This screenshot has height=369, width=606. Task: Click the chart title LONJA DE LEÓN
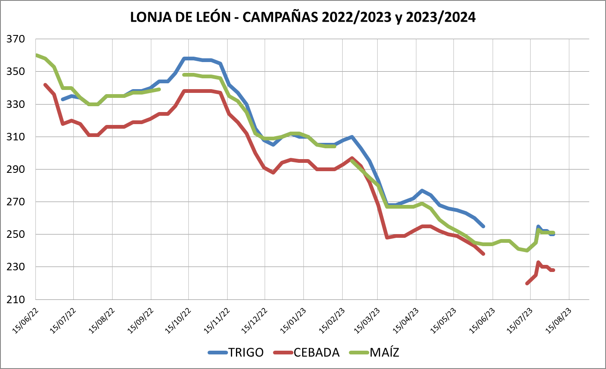180,17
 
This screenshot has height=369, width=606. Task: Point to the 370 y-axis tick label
16,39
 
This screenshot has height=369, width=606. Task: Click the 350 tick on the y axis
16,72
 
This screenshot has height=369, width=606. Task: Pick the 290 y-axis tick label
16,170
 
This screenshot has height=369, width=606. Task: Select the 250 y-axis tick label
16,234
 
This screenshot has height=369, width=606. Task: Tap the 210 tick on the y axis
16,299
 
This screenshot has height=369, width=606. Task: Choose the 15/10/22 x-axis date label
178,321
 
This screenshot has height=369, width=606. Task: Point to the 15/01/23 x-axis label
293,321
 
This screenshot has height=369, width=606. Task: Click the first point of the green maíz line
37,55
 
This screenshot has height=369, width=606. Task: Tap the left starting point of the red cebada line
45,85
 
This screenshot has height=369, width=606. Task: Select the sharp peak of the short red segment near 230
538,262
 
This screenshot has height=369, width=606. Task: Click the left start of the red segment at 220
527,283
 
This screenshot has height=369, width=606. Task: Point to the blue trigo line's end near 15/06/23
483,226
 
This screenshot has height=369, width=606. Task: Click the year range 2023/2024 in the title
441,17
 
